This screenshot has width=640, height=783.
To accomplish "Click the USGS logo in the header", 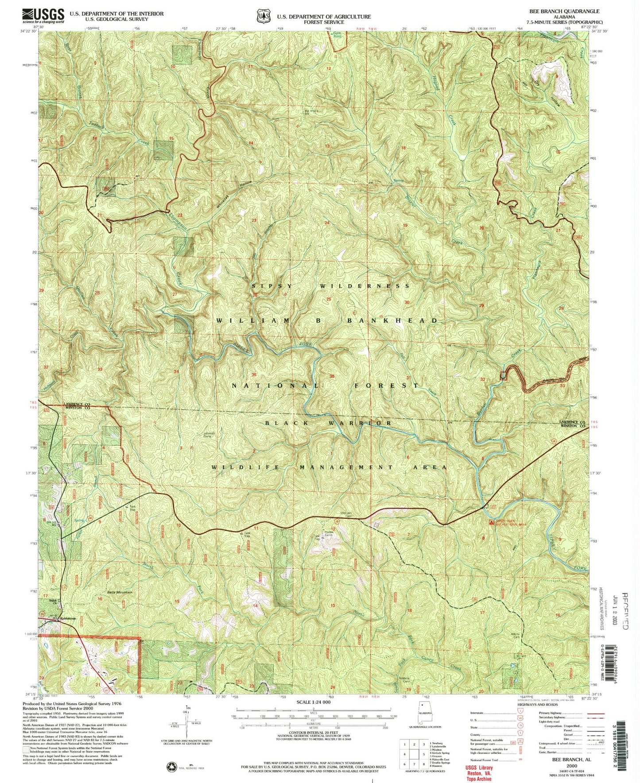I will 43,16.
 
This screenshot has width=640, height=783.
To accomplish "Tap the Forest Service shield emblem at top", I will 265,16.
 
